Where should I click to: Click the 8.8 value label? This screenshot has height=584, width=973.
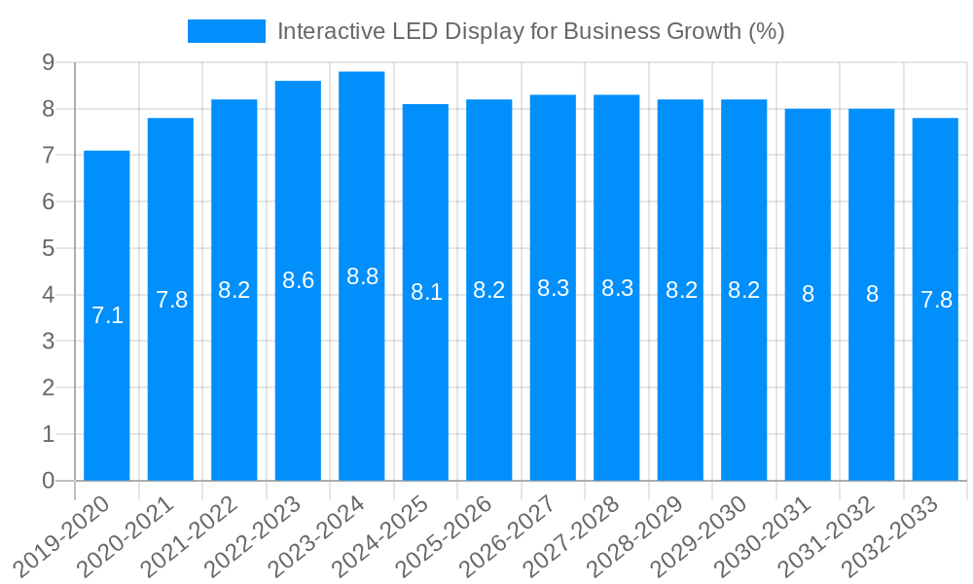point(362,276)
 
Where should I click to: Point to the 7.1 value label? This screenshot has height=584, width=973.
point(107,315)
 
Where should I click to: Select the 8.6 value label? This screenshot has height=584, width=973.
point(298,280)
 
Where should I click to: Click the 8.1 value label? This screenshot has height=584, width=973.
point(426,292)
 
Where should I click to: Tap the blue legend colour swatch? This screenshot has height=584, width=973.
point(226,31)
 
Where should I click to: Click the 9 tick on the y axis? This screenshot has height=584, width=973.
point(48,62)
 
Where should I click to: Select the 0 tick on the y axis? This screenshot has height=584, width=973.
point(48,481)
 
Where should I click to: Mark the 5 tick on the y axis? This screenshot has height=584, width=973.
point(48,248)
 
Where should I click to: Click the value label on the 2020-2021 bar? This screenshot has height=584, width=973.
point(171,300)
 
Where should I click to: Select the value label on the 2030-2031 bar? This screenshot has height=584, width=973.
point(808,294)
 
